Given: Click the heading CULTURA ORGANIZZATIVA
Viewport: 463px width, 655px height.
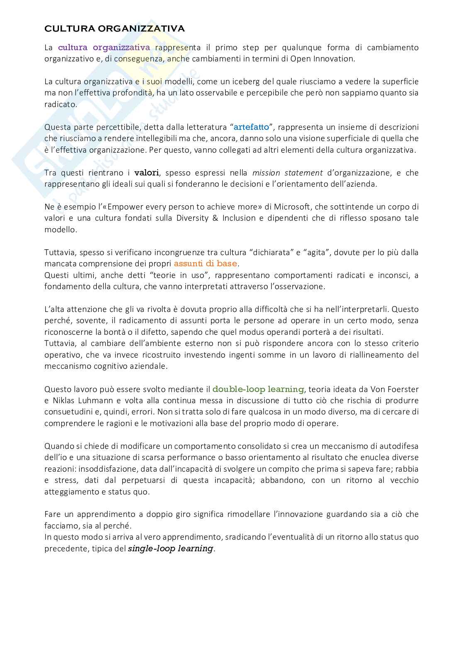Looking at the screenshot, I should [115, 29].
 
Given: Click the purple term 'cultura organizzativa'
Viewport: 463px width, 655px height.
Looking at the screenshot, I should [104, 47].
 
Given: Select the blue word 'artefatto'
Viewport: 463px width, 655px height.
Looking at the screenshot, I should [251, 127].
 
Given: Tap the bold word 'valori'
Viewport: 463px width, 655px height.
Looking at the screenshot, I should [147, 173].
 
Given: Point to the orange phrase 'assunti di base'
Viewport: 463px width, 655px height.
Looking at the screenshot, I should [205, 263].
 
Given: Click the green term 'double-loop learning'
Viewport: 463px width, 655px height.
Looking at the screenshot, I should [258, 389].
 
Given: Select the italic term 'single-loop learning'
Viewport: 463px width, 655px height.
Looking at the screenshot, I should [171, 548].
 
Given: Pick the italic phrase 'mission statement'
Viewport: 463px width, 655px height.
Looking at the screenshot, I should [288, 173].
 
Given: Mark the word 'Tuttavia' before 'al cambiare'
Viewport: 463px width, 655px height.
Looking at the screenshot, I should [58, 343].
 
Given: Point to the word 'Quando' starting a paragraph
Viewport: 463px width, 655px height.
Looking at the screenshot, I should [58, 446].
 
